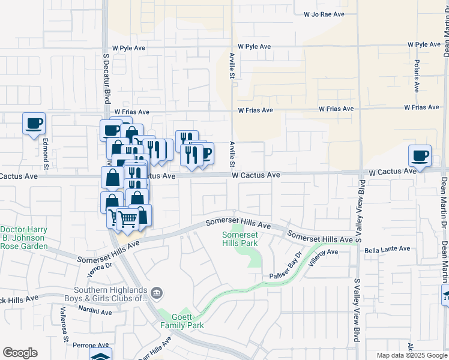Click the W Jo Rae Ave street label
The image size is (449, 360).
324,13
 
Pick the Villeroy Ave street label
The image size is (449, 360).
324,257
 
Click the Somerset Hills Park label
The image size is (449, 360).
240,239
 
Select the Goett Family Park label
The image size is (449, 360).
182,321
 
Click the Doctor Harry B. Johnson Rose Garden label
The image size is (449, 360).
24,238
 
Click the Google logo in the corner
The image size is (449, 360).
20,353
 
